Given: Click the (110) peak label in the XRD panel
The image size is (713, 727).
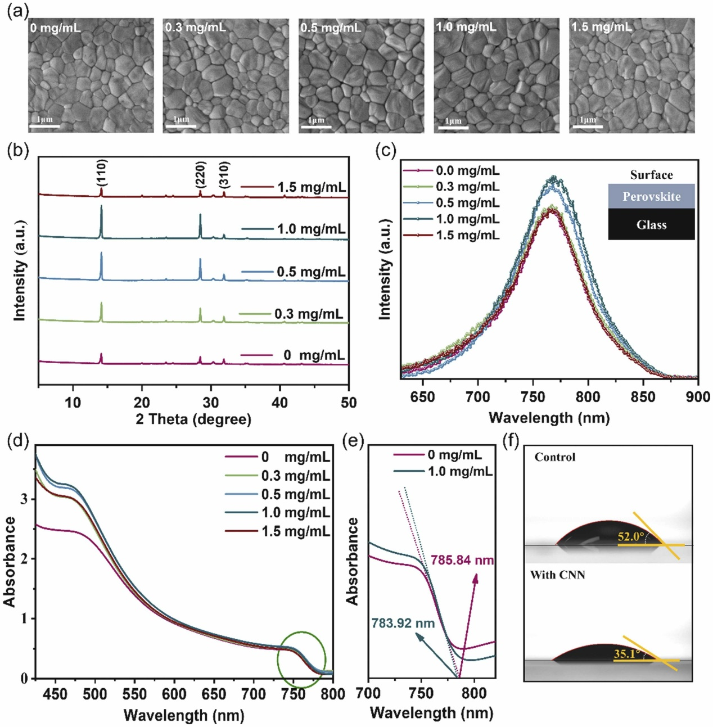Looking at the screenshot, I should pyautogui.click(x=102, y=173).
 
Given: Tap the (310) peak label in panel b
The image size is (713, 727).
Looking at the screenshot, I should pyautogui.click(x=224, y=175).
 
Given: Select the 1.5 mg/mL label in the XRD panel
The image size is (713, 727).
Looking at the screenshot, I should pyautogui.click(x=311, y=187).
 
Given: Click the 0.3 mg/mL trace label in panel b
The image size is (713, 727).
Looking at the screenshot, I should pyautogui.click(x=309, y=314).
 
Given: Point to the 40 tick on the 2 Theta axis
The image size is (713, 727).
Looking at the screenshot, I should pyautogui.click(x=279, y=403).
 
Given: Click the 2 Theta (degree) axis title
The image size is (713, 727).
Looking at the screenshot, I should pyautogui.click(x=193, y=419).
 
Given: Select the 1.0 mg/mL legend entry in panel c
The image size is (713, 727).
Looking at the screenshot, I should pyautogui.click(x=467, y=219).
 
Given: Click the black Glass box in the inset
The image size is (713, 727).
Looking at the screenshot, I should pyautogui.click(x=651, y=225).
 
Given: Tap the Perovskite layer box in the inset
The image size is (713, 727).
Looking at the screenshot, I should pyautogui.click(x=651, y=197).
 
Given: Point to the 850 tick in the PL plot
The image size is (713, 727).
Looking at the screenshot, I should pyautogui.click(x=643, y=397).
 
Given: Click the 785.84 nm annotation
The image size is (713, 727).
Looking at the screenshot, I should pyautogui.click(x=462, y=560).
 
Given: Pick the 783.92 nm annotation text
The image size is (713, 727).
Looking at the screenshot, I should pyautogui.click(x=403, y=624).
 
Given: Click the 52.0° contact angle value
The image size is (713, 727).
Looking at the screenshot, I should pyautogui.click(x=630, y=536).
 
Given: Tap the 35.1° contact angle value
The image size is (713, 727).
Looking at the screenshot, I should pyautogui.click(x=627, y=654).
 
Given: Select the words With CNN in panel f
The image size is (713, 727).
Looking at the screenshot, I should pyautogui.click(x=557, y=575).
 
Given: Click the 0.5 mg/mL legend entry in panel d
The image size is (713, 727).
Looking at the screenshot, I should pyautogui.click(x=295, y=494).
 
